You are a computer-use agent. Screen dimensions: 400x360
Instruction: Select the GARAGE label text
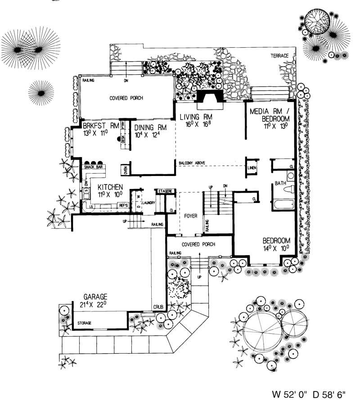point(95,297)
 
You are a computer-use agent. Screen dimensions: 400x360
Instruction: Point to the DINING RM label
point(150,127)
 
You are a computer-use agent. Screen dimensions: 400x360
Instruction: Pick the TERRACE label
point(282,56)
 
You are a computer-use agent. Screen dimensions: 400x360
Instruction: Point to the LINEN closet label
point(252,167)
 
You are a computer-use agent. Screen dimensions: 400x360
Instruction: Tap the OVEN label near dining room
point(126,170)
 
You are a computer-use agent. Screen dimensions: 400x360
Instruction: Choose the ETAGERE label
point(165,191)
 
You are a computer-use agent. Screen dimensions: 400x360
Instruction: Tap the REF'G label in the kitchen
point(123,206)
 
